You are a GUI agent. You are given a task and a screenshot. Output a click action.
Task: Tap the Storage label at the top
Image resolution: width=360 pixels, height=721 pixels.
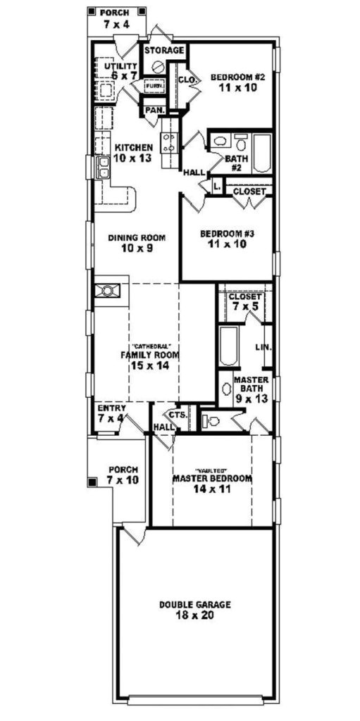click(165, 51)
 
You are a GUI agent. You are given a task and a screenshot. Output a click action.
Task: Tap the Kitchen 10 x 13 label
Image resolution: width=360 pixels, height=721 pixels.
click(133, 152)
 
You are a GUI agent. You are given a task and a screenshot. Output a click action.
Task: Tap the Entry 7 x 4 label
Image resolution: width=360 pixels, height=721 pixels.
click(111, 413)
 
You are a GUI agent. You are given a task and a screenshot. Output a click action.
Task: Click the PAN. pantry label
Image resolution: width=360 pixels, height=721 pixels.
click(154, 111)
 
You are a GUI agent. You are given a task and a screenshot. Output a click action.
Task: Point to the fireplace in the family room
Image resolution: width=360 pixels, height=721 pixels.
click(109, 291)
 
